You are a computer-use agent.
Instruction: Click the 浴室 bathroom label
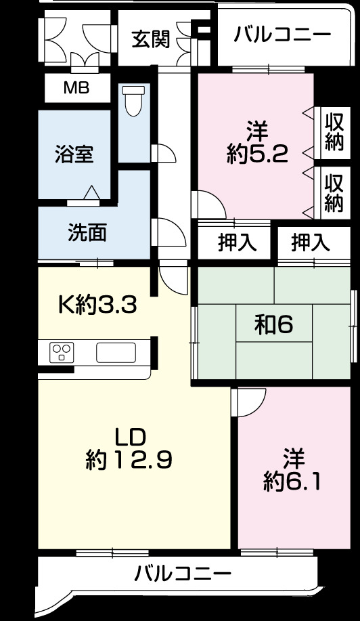coord(74,154)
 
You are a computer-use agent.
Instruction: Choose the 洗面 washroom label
coord(87,232)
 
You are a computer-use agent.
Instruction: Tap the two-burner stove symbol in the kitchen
coord(63,352)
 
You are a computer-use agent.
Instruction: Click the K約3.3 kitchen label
coord(97,305)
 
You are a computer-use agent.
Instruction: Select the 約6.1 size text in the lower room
coord(292,481)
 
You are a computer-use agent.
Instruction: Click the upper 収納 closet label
coord(334,132)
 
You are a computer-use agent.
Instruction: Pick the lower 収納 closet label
coord(334,193)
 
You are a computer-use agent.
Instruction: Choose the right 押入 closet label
coord(310,242)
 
